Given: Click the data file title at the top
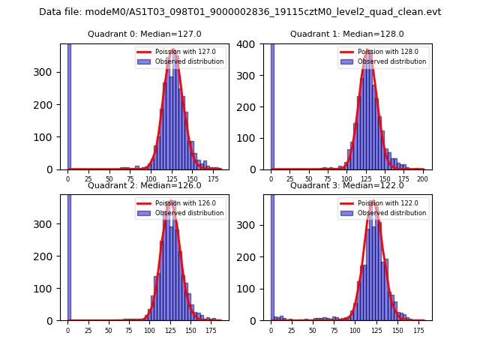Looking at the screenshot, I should pyautogui.click(x=240, y=12).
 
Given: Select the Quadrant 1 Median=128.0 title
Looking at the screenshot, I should pyautogui.click(x=347, y=34).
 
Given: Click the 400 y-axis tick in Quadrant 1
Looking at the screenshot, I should pyautogui.click(x=255, y=43).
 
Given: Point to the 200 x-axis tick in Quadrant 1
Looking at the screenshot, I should pyautogui.click(x=423, y=179).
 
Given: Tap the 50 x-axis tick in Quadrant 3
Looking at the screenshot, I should pyautogui.click(x=312, y=330).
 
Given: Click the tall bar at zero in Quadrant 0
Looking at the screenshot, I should pyautogui.click(x=69, y=105).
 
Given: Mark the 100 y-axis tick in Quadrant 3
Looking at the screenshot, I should pyautogui.click(x=255, y=289).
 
